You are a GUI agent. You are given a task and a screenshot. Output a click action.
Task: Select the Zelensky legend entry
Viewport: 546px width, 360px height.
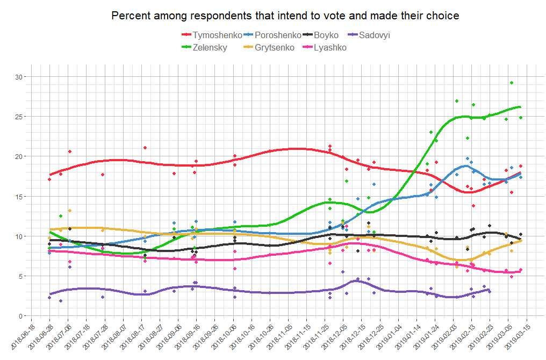pyautogui.click(x=209, y=48)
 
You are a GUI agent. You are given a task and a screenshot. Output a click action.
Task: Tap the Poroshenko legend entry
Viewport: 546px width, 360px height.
pyautogui.click(x=277, y=35)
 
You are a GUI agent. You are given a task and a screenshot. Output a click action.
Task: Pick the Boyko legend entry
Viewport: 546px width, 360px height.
pyautogui.click(x=327, y=35)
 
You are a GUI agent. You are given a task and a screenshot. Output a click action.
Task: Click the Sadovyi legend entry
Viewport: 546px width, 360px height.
pyautogui.click(x=374, y=35)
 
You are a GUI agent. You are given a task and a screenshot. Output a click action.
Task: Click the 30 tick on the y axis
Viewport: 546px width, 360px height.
pyautogui.click(x=19, y=77)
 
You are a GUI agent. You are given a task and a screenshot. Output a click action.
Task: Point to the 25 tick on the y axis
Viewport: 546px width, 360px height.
pyautogui.click(x=19, y=117)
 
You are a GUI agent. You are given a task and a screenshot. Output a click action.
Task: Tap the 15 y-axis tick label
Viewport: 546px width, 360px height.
pyautogui.click(x=19, y=196)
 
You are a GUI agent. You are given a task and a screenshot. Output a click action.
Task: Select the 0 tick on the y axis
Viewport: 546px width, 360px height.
pyautogui.click(x=21, y=316)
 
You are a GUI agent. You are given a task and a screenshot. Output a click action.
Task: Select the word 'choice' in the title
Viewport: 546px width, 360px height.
pyautogui.click(x=444, y=16)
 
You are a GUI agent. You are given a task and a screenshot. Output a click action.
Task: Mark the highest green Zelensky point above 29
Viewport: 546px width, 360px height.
pyautogui.click(x=512, y=83)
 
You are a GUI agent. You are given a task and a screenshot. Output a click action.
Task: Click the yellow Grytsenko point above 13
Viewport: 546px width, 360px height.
pyautogui.click(x=69, y=211)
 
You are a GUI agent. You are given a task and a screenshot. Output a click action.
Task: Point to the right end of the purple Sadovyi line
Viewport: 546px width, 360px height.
pyautogui.click(x=490, y=290)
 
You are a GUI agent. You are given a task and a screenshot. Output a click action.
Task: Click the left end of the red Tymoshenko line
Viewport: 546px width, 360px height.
pyautogui.click(x=49, y=175)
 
